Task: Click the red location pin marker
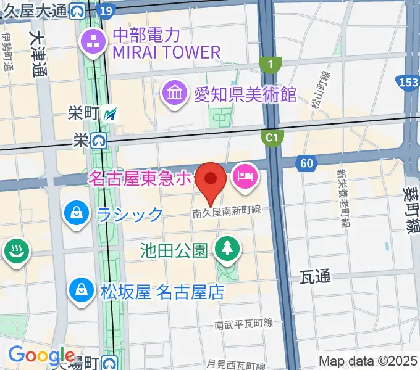[211, 180]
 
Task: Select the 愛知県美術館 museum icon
[175, 94]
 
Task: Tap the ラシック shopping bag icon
[76, 214]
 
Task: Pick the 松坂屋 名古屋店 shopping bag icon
[82, 289]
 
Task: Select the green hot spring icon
[12, 252]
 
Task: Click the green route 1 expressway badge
[271, 63]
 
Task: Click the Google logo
[41, 355]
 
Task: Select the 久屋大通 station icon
[78, 10]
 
